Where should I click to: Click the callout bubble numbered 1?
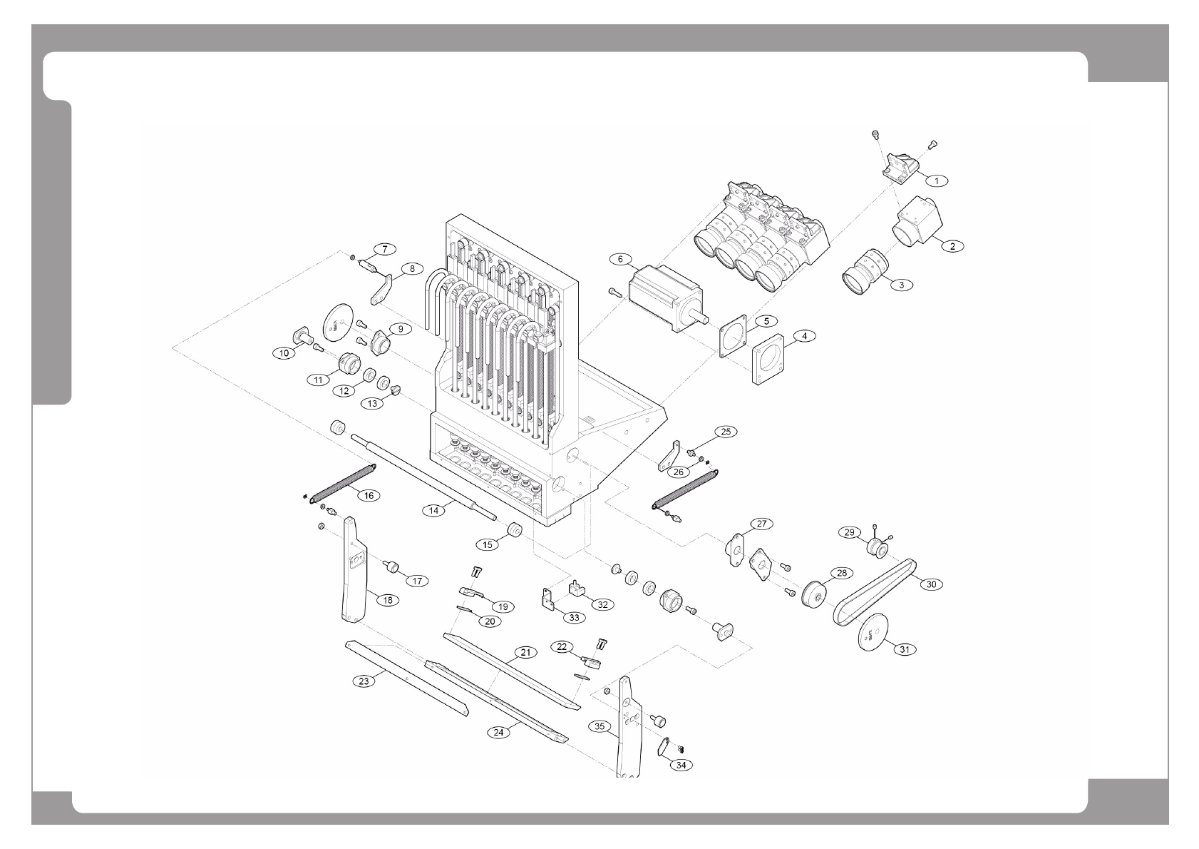(x=937, y=181)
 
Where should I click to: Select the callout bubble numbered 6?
(x=620, y=258)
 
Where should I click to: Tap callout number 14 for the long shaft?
(x=434, y=510)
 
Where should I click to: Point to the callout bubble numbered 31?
(x=904, y=649)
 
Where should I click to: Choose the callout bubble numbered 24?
(x=499, y=732)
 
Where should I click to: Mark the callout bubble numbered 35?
(x=600, y=726)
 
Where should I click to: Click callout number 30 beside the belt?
(x=931, y=584)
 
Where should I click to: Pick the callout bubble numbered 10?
(x=284, y=352)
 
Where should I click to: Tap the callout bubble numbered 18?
(x=388, y=600)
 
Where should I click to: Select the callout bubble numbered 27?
(x=761, y=524)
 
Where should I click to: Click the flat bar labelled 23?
(x=406, y=678)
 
